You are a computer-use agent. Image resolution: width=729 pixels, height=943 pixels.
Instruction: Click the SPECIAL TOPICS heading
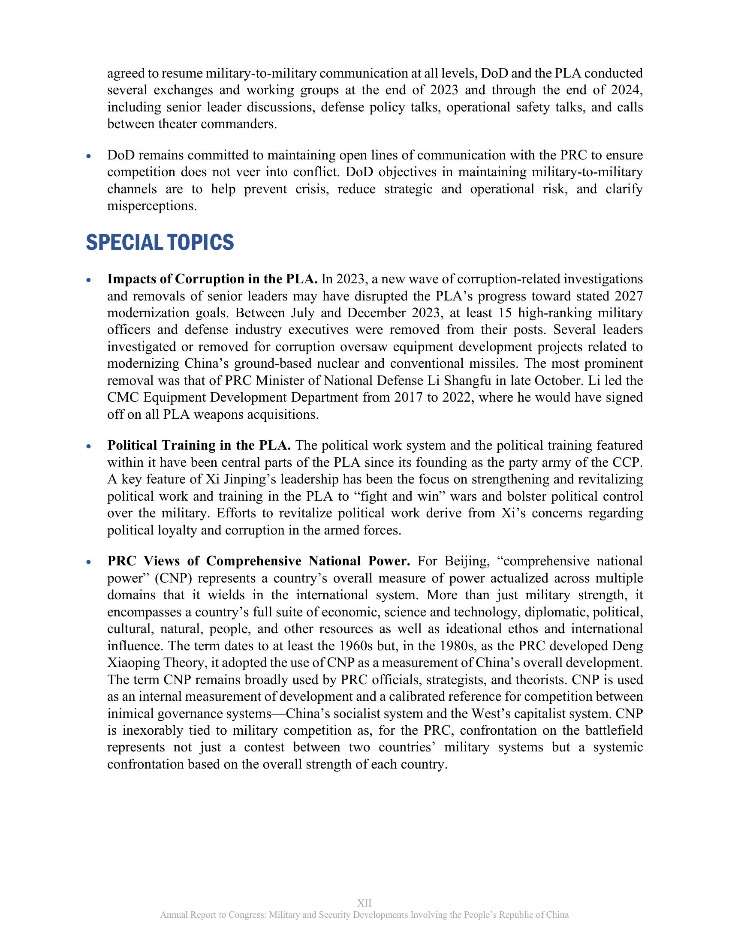click(160, 242)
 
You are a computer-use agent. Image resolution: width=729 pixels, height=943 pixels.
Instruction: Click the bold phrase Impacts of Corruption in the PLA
click(212, 279)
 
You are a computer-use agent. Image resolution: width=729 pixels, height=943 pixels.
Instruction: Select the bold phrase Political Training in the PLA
click(199, 445)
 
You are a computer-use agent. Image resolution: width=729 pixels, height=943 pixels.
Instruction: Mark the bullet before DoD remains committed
click(89, 156)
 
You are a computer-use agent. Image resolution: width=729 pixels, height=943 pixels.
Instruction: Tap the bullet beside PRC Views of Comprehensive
click(89, 562)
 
